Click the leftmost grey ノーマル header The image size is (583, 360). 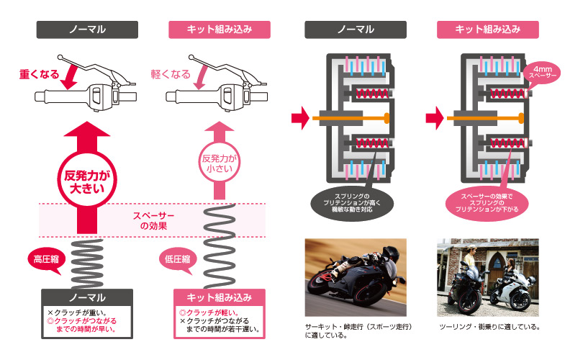point(87,29)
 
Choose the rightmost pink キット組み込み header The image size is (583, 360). point(488,29)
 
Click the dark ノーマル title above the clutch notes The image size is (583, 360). point(87,297)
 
